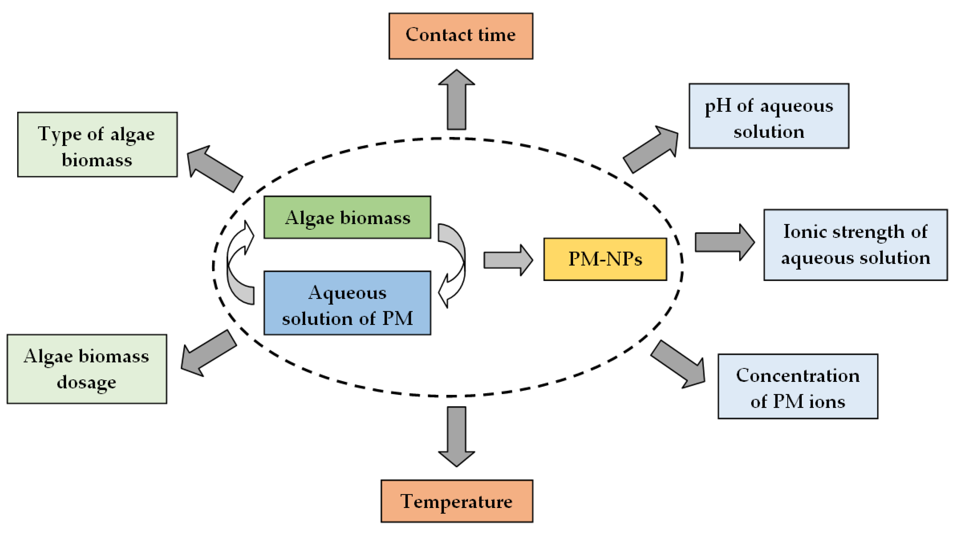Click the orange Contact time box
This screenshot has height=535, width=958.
(460, 36)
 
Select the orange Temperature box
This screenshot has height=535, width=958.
(456, 501)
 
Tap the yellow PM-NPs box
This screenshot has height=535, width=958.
(605, 259)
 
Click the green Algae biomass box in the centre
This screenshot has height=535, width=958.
(347, 217)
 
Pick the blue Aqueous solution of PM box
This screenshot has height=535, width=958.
(347, 303)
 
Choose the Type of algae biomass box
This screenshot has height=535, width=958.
(97, 144)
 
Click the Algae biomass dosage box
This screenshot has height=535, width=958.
(87, 369)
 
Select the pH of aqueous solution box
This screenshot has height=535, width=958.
(768, 116)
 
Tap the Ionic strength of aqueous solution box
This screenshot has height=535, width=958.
(855, 244)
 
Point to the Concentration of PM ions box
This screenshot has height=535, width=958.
(798, 386)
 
